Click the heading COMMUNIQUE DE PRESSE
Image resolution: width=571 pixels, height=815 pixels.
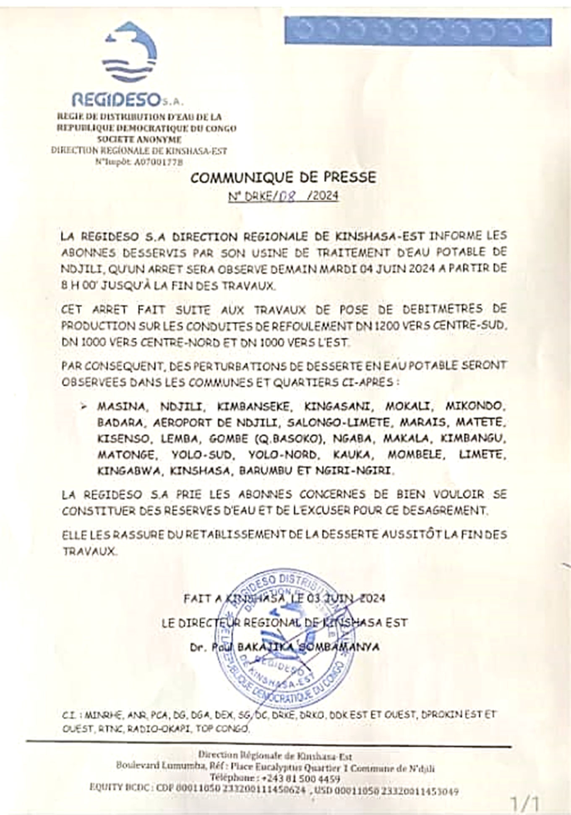click(283, 177)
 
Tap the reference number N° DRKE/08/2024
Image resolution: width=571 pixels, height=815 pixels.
click(284, 196)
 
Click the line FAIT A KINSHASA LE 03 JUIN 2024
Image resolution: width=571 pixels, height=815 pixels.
click(284, 598)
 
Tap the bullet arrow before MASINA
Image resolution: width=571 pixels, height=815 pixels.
click(85, 406)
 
